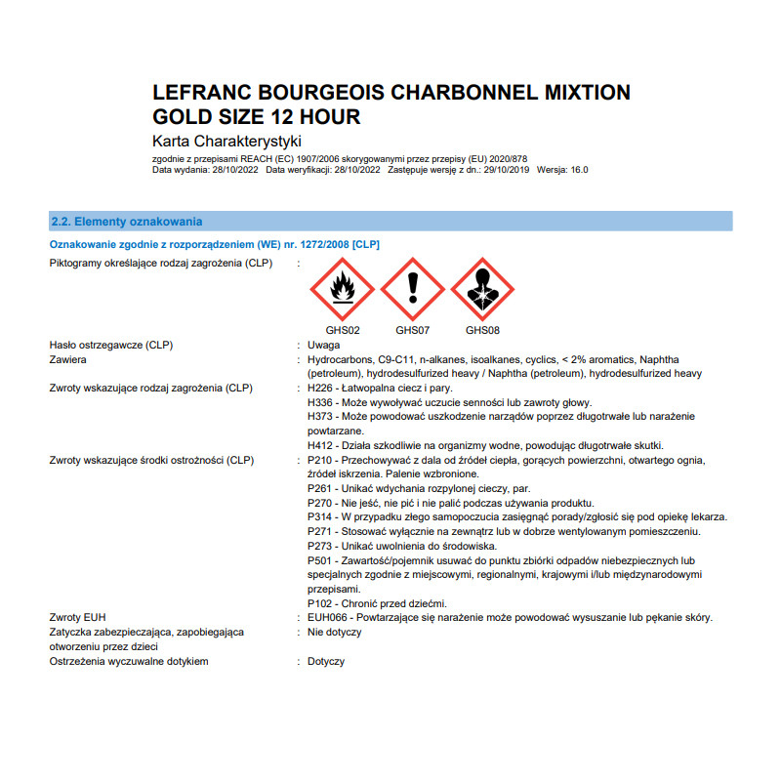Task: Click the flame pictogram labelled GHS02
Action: (x=343, y=290)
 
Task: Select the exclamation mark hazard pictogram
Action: (x=412, y=290)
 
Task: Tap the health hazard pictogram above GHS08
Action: (x=482, y=290)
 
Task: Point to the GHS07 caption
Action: (x=412, y=330)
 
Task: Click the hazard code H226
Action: (x=319, y=389)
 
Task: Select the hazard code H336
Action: (x=319, y=402)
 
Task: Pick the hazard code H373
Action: (x=319, y=417)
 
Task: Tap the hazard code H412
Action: (x=319, y=445)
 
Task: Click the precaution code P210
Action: (x=319, y=460)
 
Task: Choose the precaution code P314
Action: (x=319, y=516)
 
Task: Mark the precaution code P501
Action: (x=319, y=560)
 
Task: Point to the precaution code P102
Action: (x=319, y=602)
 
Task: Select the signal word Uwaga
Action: (x=323, y=346)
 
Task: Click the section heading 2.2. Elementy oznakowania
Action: (x=126, y=222)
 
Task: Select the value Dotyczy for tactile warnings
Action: (x=326, y=661)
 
